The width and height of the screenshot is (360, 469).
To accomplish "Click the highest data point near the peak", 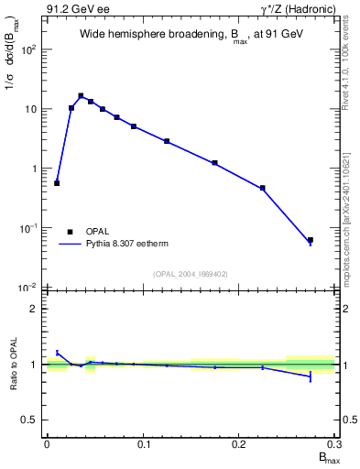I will click(x=81, y=95).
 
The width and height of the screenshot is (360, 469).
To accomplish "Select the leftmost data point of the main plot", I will click(x=57, y=183).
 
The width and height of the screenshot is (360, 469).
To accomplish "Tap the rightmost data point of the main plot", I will click(x=311, y=241).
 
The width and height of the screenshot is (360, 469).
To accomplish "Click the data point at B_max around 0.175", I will click(x=214, y=163).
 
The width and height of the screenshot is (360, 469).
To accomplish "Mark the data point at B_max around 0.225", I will click(x=263, y=188).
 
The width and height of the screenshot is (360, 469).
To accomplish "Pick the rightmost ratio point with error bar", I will click(x=311, y=376).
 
